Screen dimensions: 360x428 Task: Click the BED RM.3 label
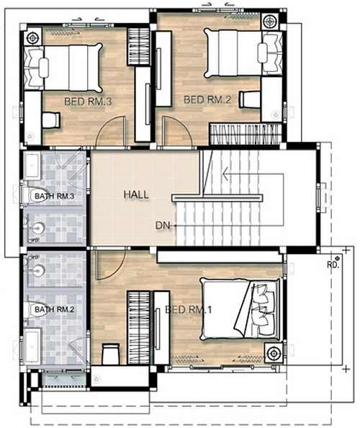tap(88, 102)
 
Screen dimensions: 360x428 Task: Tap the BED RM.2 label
tap(207, 99)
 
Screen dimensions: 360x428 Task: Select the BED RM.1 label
tap(188, 310)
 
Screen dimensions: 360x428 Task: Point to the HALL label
tap(136, 195)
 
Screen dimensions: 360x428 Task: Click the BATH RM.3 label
tap(54, 196)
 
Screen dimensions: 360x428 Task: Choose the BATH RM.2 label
tap(54, 310)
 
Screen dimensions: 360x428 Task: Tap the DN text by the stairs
tap(162, 226)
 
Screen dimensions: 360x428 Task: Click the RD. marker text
tap(333, 264)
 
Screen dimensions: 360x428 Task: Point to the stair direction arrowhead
tap(225, 174)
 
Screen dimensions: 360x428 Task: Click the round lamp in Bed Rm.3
tap(33, 37)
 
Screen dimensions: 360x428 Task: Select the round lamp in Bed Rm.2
tap(270, 21)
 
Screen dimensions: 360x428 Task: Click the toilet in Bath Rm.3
tap(35, 195)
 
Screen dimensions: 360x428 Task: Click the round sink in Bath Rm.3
tap(38, 228)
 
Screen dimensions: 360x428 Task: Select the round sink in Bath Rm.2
tap(38, 270)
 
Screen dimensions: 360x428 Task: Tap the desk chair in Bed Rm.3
tap(51, 120)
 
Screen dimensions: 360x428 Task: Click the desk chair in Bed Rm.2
tap(249, 99)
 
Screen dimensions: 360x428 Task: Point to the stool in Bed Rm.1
tap(111, 354)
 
